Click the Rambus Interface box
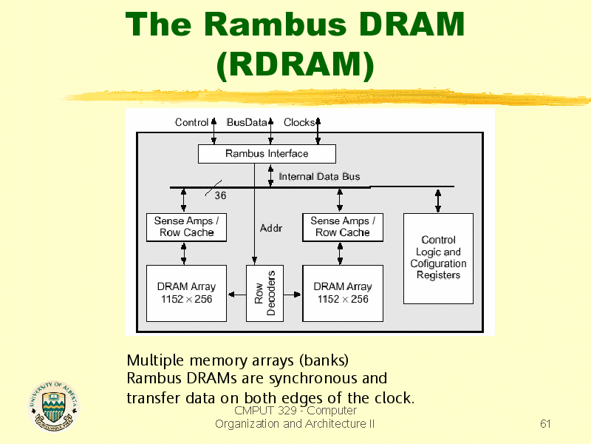(x=267, y=154)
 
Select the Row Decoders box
(x=264, y=293)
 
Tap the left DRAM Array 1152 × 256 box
(x=187, y=293)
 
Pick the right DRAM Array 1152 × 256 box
(x=343, y=293)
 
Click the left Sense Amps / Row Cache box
(x=187, y=227)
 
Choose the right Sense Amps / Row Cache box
(x=343, y=227)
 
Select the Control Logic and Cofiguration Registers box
(x=438, y=258)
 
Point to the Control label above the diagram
(x=191, y=122)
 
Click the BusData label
(x=247, y=122)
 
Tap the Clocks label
(x=299, y=122)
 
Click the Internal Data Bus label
(x=319, y=177)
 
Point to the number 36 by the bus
(x=220, y=195)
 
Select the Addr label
(x=271, y=228)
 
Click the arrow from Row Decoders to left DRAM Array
(x=236, y=294)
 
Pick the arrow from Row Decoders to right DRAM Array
(x=293, y=294)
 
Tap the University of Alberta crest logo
(x=53, y=406)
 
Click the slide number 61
(x=545, y=423)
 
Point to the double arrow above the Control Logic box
(x=438, y=201)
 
